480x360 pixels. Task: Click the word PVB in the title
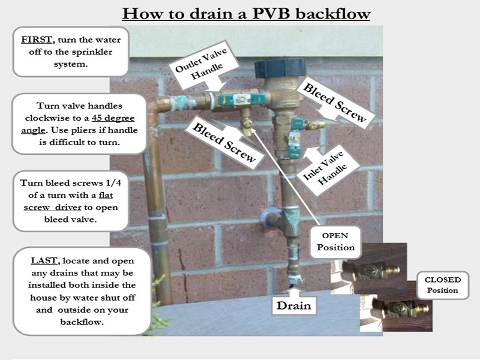(271, 14)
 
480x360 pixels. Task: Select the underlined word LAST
(44, 260)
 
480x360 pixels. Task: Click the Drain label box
(294, 305)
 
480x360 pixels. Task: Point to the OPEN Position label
(335, 242)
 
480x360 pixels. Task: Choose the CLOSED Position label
(443, 285)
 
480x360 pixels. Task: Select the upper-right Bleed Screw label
(335, 103)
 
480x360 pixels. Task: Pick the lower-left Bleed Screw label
(224, 142)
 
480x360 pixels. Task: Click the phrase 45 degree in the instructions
(113, 118)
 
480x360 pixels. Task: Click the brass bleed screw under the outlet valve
(247, 125)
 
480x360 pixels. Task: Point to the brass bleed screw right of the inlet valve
(316, 125)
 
